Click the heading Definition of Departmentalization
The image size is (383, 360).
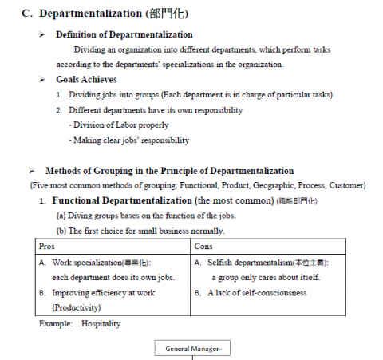[x=124, y=34]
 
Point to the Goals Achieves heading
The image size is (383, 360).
[x=86, y=80]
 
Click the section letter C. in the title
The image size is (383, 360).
[x=26, y=14]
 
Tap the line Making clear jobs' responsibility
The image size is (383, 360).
[x=129, y=140]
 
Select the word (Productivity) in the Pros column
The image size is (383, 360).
[x=72, y=307]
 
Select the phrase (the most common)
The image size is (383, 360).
[x=235, y=200]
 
